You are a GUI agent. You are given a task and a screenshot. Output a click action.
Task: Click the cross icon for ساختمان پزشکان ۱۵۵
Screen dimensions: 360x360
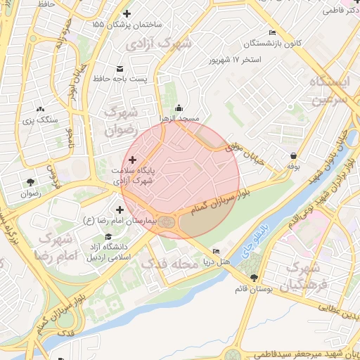point(127,14)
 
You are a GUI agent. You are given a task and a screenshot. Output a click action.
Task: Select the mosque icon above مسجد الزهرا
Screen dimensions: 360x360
point(179,108)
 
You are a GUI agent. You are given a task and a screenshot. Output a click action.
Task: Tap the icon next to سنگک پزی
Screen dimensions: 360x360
point(40,109)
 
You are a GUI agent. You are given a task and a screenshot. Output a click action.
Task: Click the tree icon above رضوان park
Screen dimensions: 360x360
point(30,182)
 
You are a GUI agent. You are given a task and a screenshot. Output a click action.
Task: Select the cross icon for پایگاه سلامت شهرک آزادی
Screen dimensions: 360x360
point(133,160)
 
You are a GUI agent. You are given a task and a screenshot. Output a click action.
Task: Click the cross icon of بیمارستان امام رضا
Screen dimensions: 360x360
point(120,210)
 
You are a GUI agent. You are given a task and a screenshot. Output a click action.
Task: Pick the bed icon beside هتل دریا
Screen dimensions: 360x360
point(216,251)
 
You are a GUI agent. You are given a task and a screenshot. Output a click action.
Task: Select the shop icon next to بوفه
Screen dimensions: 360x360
point(292,156)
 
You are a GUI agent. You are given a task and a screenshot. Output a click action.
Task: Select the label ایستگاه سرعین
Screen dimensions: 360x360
point(324,90)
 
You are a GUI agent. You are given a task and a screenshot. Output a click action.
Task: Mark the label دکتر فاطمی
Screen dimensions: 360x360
point(338,11)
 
